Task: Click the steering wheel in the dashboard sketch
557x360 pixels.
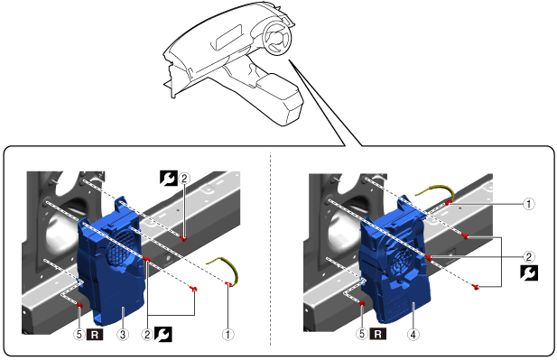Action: coord(277,37)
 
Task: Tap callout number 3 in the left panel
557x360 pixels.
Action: coord(123,335)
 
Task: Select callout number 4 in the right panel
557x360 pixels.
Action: coord(413,335)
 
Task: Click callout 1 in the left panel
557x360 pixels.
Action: coord(228,335)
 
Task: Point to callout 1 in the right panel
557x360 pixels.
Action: coord(529,204)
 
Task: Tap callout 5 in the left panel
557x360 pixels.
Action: coord(79,335)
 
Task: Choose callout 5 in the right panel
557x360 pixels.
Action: coord(362,334)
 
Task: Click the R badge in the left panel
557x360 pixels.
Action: coord(95,335)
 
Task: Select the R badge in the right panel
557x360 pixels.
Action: coord(378,334)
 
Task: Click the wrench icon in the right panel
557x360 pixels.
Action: coord(529,272)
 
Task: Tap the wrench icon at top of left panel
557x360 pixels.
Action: coord(169,178)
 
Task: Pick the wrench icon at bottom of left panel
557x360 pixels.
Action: coord(163,334)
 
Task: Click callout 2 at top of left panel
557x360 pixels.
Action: coord(184,179)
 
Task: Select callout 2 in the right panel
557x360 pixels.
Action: coord(529,256)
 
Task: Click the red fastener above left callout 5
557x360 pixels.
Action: coord(79,305)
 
